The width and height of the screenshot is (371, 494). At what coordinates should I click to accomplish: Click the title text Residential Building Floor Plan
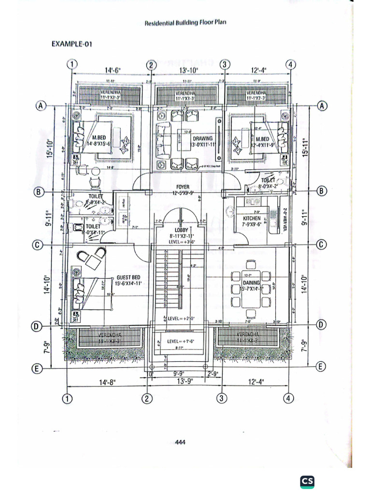[185, 22]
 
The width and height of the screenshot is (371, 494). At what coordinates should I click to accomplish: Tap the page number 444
[180, 441]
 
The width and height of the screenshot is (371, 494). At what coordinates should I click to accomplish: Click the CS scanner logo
[307, 480]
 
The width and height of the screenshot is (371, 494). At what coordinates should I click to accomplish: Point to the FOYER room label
[183, 187]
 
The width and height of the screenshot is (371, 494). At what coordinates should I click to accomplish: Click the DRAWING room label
[202, 138]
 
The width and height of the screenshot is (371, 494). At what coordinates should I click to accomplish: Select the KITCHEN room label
[252, 219]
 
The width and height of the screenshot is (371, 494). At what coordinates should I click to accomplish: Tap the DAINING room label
[251, 283]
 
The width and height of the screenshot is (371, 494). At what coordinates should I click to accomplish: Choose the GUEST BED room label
[128, 278]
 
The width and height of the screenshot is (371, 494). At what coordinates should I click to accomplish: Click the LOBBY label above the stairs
[181, 230]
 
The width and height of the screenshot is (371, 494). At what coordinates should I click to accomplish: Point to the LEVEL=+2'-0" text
[180, 319]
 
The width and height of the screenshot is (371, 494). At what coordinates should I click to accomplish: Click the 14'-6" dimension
[113, 70]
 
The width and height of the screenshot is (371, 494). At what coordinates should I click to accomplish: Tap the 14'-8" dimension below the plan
[108, 382]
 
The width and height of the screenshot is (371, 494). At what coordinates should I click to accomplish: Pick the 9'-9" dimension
[180, 373]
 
